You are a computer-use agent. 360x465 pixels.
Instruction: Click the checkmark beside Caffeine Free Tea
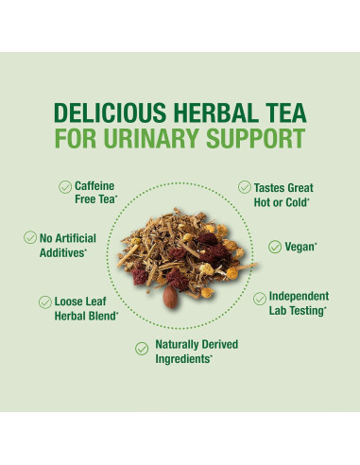[x=65, y=187]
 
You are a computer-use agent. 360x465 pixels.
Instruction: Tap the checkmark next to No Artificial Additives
[x=30, y=238]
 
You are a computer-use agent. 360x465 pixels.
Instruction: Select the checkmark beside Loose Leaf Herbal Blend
[x=45, y=301]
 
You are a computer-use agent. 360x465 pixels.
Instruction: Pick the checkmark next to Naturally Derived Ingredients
[x=142, y=349]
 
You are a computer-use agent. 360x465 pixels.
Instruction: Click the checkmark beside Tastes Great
[x=246, y=187]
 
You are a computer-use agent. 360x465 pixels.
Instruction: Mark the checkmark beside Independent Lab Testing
[x=260, y=298]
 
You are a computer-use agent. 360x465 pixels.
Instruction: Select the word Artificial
[x=86, y=238]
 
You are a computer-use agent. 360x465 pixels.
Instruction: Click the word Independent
[x=300, y=295]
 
